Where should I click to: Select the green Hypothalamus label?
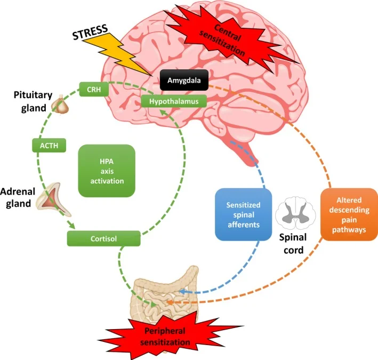[173, 100]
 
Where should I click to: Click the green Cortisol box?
[103, 238]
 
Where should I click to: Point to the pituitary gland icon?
[62, 105]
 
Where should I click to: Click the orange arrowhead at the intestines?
[170, 302]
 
